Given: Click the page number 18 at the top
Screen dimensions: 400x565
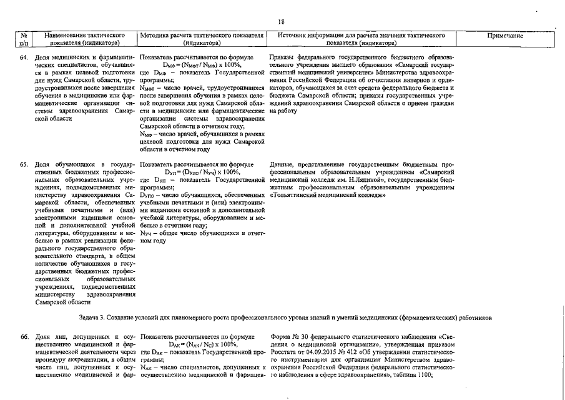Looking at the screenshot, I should click(282, 21).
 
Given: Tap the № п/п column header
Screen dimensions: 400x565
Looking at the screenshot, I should click(24, 39).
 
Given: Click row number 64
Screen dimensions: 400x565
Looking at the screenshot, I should click(24, 57).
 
